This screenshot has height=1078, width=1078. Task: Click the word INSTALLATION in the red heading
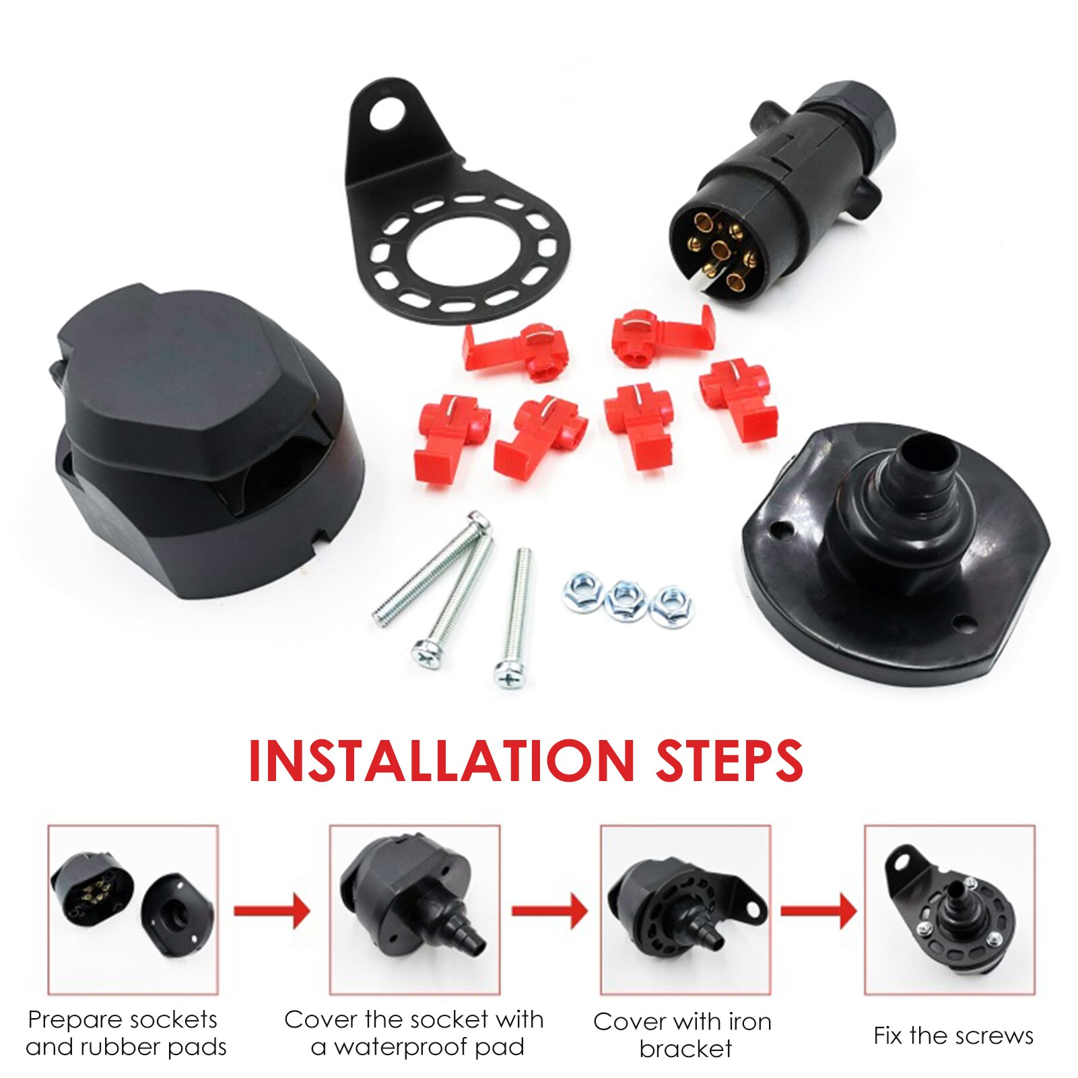(x=441, y=761)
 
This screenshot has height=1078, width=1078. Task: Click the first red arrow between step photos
(x=272, y=911)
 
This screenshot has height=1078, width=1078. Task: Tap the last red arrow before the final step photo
(x=818, y=911)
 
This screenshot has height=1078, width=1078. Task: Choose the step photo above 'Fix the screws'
(x=949, y=909)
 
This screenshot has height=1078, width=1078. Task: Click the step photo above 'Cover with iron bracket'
(x=685, y=909)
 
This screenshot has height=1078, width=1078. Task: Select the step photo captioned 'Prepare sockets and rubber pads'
(x=133, y=909)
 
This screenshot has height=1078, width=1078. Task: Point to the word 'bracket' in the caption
(x=685, y=1049)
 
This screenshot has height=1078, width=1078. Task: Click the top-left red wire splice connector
(x=515, y=350)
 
